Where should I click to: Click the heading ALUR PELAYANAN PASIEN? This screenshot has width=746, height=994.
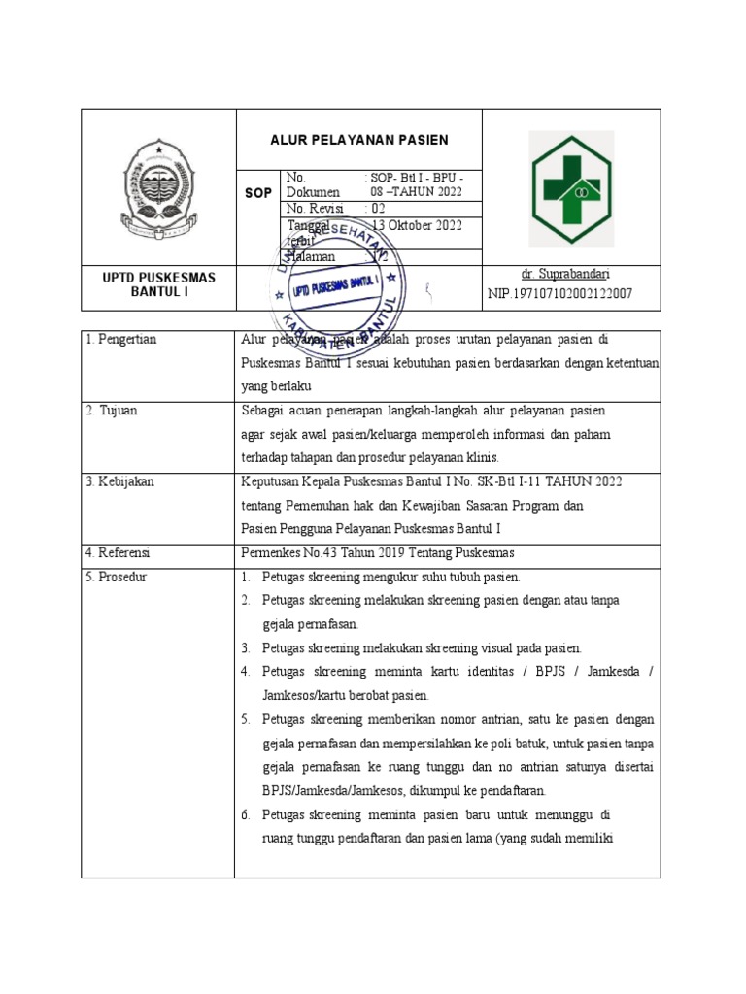(358, 140)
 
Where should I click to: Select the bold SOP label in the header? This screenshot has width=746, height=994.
(258, 194)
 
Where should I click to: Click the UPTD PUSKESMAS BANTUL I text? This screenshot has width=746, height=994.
(158, 284)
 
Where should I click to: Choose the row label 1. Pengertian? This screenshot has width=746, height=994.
(120, 340)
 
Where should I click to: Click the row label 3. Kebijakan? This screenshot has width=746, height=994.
(119, 481)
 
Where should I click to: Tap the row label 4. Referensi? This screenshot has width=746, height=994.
(118, 552)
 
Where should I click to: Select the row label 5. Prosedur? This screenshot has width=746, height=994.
(116, 577)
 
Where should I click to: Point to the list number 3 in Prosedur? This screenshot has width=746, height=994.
(247, 647)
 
